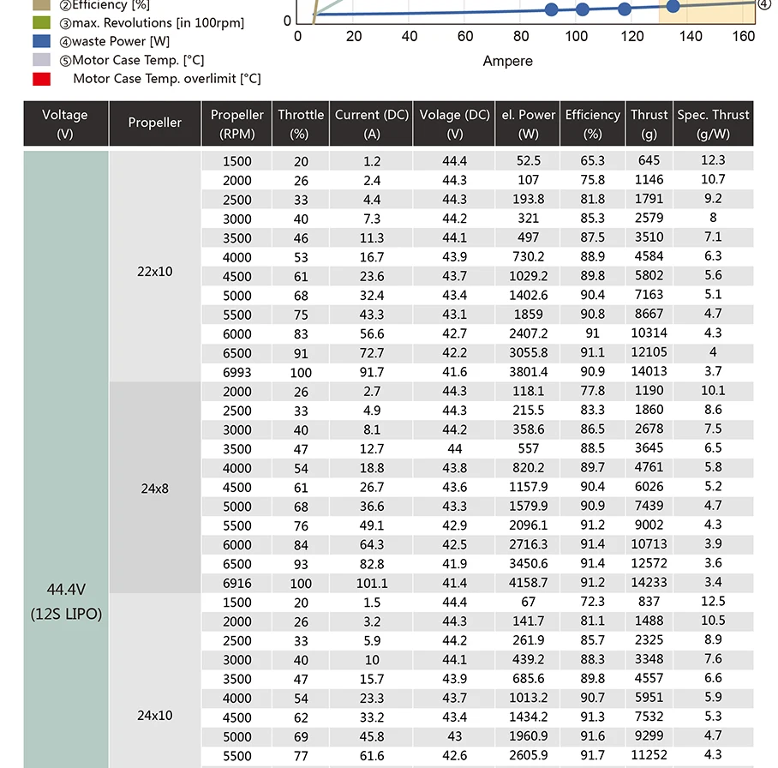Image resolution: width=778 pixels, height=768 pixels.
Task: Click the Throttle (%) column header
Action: pyautogui.click(x=301, y=124)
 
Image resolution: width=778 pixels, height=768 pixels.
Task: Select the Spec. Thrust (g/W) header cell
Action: pyautogui.click(x=713, y=124)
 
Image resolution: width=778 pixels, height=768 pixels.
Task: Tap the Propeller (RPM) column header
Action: pyautogui.click(x=237, y=124)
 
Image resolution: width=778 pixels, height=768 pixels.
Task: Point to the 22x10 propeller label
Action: pyautogui.click(x=154, y=271)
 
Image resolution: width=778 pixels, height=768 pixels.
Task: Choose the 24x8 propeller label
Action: pyautogui.click(x=154, y=489)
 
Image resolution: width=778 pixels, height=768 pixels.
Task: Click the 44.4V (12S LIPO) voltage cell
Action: pyautogui.click(x=66, y=602)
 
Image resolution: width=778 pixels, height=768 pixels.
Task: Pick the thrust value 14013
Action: pyautogui.click(x=649, y=371)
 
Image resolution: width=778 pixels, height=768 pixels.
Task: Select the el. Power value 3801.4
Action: pyautogui.click(x=529, y=372)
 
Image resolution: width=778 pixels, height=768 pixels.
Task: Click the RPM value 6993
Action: pyautogui.click(x=237, y=373)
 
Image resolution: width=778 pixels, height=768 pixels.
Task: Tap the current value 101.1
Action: pyautogui.click(x=372, y=584)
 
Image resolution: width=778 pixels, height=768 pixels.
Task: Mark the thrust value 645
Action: pyautogui.click(x=649, y=160)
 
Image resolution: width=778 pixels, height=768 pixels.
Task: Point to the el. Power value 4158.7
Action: pyautogui.click(x=529, y=583)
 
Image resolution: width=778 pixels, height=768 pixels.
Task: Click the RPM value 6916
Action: pyautogui.click(x=237, y=584)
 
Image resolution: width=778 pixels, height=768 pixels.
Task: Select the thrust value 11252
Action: pyautogui.click(x=649, y=755)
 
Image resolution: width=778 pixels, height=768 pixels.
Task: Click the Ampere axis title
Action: pyautogui.click(x=507, y=61)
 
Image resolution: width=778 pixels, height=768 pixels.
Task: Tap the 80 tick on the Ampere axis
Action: pyautogui.click(x=521, y=36)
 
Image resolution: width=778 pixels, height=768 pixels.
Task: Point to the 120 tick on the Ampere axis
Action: pyautogui.click(x=632, y=36)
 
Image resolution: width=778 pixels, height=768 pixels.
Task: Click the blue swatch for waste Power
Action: pyautogui.click(x=41, y=41)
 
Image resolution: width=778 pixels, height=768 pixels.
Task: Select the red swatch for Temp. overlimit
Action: pyautogui.click(x=41, y=79)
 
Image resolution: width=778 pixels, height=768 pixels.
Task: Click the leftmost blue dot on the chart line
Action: pyautogui.click(x=551, y=9)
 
